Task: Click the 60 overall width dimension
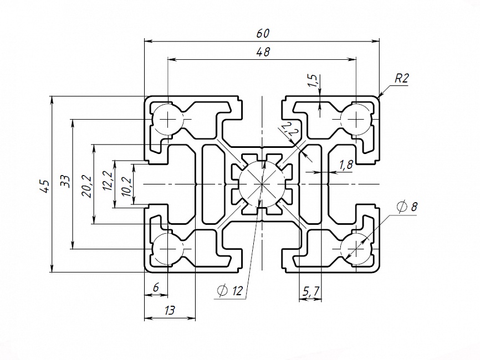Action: point(263,33)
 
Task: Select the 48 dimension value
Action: point(263,52)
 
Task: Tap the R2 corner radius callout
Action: point(401,78)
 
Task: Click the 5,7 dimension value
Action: point(310,291)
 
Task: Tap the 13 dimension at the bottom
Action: point(170,311)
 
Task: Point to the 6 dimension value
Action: point(156,287)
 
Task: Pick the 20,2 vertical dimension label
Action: point(86,184)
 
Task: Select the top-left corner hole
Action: point(167,119)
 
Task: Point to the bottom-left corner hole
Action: point(167,249)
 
